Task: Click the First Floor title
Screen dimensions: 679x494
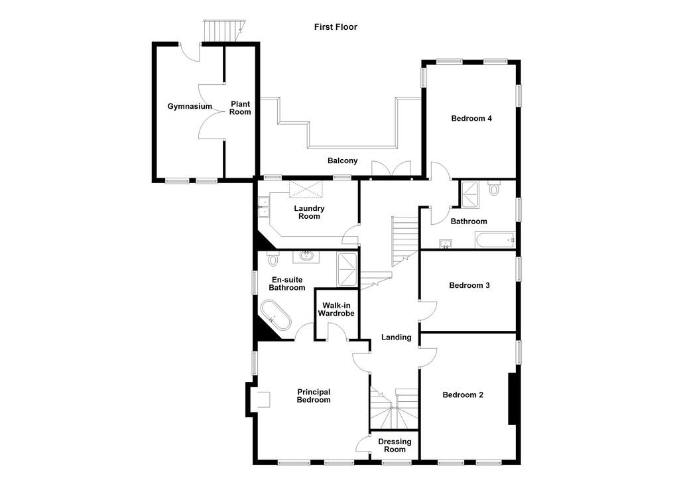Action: coord(336,27)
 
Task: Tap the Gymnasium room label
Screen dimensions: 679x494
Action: coord(190,107)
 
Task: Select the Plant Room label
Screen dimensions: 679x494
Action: coord(240,108)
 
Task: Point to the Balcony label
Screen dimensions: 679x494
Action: coord(343,160)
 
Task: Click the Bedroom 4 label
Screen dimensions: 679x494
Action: coord(471,118)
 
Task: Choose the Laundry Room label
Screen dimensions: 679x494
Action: coord(309,212)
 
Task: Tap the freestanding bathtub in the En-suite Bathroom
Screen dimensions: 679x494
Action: coord(276,315)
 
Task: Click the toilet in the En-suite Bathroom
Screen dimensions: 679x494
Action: coord(273,258)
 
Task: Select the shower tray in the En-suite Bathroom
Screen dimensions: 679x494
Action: coord(347,270)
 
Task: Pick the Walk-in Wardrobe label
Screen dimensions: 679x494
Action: coord(336,310)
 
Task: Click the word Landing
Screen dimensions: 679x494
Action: coord(397,338)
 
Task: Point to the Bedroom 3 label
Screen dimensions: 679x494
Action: coord(469,285)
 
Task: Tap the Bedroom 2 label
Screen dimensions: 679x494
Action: coord(463,395)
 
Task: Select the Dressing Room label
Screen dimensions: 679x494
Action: coord(395,446)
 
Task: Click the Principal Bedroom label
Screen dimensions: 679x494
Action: coord(314,396)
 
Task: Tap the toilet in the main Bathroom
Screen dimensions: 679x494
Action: coord(494,187)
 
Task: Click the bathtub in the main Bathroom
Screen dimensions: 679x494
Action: coord(495,240)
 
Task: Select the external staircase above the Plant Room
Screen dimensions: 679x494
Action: coord(224,31)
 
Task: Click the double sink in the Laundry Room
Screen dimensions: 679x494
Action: coord(263,208)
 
